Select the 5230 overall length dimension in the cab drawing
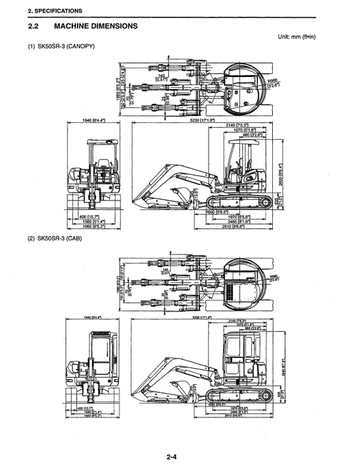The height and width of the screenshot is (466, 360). pyautogui.click(x=202, y=317)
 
